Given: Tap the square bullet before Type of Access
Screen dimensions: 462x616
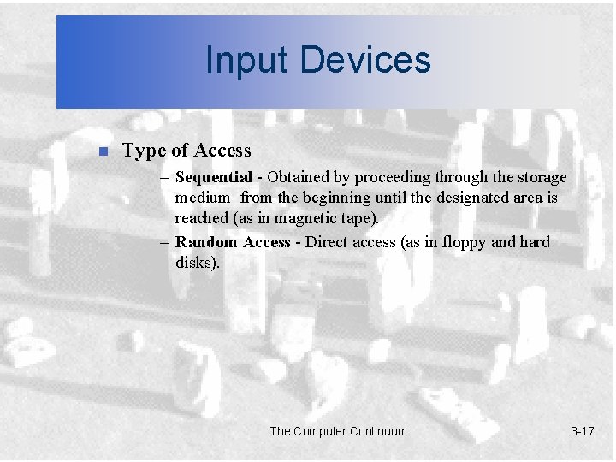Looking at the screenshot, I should pyautogui.click(x=102, y=152).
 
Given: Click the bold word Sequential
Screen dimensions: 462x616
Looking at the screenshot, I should pyautogui.click(x=213, y=177).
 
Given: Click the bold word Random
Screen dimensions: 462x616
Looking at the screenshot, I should pyautogui.click(x=207, y=242).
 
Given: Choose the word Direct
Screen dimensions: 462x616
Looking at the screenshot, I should pyautogui.click(x=327, y=242).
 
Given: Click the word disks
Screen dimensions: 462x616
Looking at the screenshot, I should pyautogui.click(x=196, y=263).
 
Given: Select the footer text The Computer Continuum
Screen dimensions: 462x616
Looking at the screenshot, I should pyautogui.click(x=339, y=431).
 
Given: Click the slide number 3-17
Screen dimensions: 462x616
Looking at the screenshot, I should pyautogui.click(x=582, y=431).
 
